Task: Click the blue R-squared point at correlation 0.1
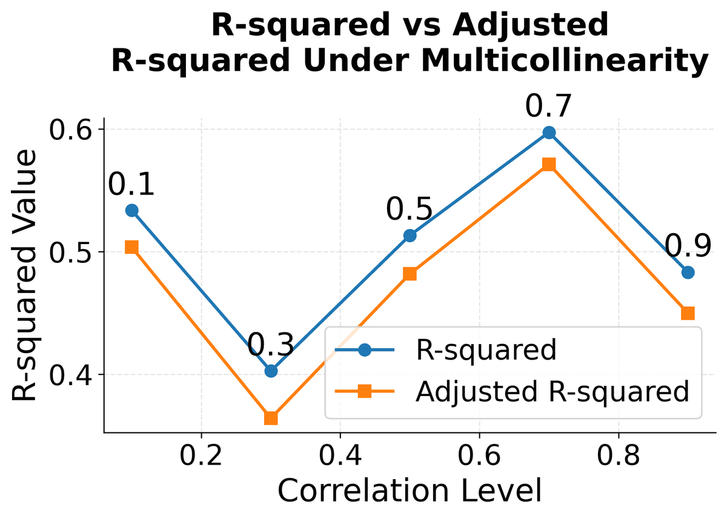(131, 210)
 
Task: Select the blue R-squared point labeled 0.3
(271, 371)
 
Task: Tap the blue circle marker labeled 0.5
(410, 236)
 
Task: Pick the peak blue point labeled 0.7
(549, 133)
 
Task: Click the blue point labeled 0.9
(688, 273)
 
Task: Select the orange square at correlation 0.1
(131, 247)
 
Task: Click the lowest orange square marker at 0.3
(271, 418)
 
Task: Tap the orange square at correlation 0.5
(410, 274)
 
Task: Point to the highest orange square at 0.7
(549, 164)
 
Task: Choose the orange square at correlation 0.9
(688, 313)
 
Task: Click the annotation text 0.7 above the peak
(548, 107)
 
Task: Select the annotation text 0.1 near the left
(131, 184)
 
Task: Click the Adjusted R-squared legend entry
(552, 392)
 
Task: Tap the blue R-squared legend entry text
(485, 350)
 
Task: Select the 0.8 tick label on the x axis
(618, 456)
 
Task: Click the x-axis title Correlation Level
(409, 491)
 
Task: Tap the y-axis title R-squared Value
(25, 276)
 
